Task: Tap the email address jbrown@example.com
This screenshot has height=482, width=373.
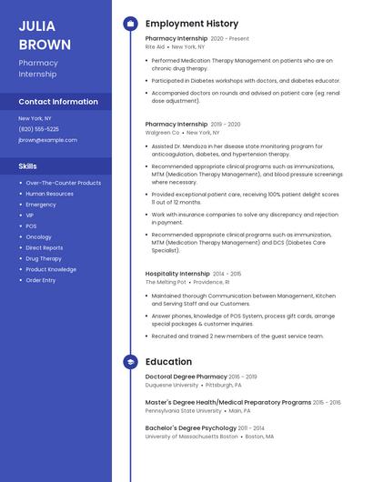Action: (x=47, y=140)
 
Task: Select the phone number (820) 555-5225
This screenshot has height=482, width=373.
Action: (x=38, y=129)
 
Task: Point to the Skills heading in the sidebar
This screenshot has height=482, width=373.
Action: (x=28, y=166)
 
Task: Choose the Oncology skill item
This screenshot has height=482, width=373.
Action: (x=38, y=236)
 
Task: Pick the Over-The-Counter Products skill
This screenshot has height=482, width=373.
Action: (x=63, y=183)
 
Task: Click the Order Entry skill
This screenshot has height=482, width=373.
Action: (x=40, y=280)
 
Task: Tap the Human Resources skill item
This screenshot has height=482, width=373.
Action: (x=49, y=194)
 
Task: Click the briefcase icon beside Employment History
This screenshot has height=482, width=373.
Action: (x=131, y=24)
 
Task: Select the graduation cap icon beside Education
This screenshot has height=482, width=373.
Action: (x=131, y=362)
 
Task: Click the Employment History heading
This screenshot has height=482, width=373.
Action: (x=191, y=24)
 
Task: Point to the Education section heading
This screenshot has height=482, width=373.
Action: (x=168, y=362)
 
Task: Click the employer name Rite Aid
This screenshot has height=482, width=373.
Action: (x=155, y=46)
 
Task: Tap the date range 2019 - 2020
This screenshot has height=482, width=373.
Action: (x=226, y=124)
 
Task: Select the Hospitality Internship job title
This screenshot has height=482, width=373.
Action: (x=177, y=273)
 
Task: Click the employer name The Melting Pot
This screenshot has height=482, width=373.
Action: (x=164, y=282)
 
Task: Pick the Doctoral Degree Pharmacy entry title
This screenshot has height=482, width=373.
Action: (x=186, y=377)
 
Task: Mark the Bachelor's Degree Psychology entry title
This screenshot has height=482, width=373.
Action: (x=186, y=427)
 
